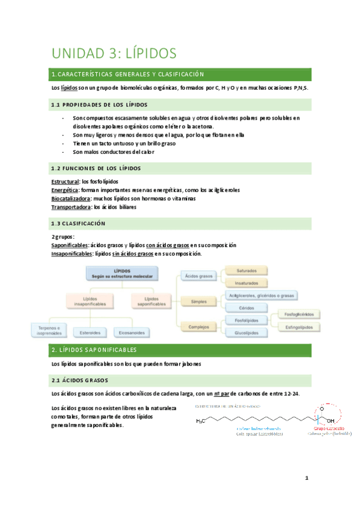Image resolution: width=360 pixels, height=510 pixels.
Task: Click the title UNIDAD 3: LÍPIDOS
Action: point(114,54)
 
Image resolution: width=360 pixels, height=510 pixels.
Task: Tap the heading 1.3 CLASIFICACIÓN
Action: point(79,223)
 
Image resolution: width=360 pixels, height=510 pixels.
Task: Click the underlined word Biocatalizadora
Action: point(72,198)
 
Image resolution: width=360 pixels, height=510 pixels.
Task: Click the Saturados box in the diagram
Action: point(246,271)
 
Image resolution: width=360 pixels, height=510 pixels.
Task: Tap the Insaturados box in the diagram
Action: point(246,283)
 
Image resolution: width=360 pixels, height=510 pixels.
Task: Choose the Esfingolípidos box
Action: point(301,326)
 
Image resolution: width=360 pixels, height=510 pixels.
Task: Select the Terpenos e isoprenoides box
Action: point(46,330)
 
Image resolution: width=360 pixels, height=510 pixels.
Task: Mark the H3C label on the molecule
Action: point(201,421)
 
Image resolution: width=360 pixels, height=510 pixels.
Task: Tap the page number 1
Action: point(306,479)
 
